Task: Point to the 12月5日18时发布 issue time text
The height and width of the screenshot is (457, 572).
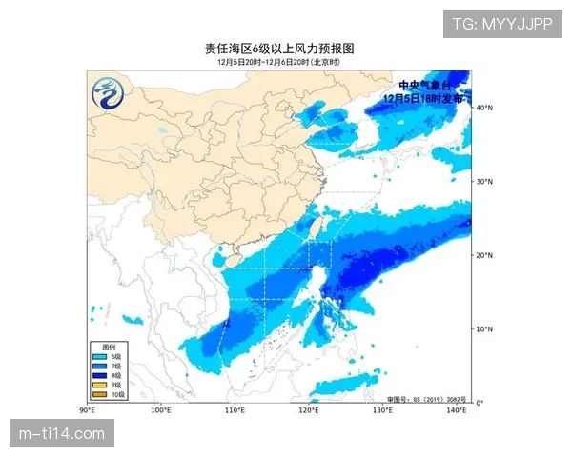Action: click(423, 97)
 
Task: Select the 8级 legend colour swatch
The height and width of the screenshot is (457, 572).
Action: click(99, 375)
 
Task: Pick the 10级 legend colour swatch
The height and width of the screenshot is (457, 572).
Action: click(99, 394)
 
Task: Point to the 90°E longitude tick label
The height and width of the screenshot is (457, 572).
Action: click(87, 410)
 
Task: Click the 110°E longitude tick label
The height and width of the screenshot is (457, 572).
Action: click(235, 410)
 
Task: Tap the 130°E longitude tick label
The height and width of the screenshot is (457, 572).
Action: click(382, 410)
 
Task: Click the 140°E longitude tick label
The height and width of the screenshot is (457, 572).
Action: click(457, 410)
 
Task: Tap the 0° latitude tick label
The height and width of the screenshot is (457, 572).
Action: click(480, 403)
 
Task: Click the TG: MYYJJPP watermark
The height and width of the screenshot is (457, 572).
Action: click(501, 23)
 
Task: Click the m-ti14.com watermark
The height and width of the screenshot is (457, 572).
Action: click(62, 434)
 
